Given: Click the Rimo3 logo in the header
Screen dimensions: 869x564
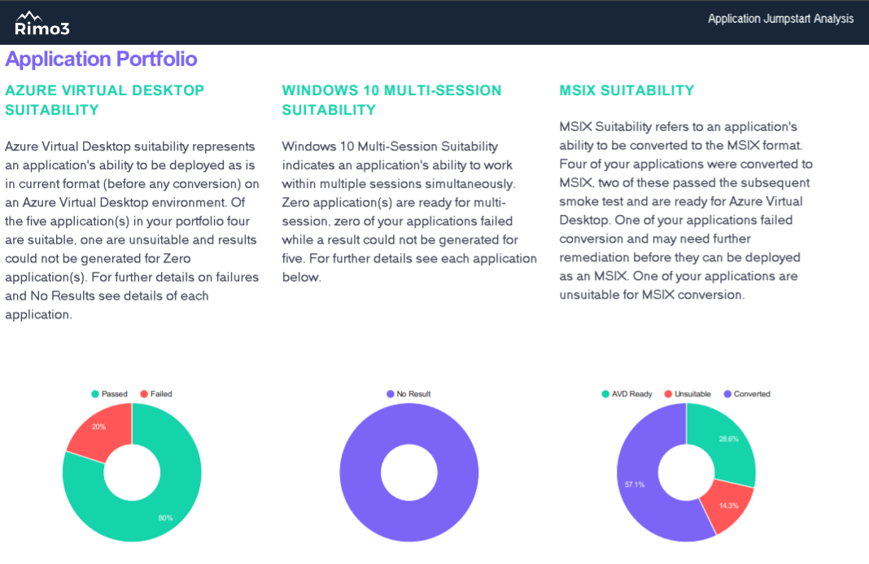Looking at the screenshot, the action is [x=42, y=24].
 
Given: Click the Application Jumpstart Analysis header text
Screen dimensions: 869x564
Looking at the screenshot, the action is [x=780, y=19].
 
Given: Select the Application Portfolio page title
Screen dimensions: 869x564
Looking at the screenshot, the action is [x=102, y=59].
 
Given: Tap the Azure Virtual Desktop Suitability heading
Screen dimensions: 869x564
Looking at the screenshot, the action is [x=105, y=100].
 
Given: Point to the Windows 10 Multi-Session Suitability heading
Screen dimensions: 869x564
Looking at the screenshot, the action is [x=391, y=100].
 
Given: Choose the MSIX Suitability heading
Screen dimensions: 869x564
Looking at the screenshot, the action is [x=627, y=90].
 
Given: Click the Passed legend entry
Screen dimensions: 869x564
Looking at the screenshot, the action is [x=109, y=394].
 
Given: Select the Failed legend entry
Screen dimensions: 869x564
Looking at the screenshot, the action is [x=156, y=394].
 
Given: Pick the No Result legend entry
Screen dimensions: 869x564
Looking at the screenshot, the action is [x=408, y=394].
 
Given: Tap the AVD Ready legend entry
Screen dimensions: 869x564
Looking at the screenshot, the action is [x=627, y=394].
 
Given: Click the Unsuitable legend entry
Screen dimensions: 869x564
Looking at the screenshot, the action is [x=688, y=394].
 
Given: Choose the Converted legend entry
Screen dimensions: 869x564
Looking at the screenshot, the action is [x=747, y=394].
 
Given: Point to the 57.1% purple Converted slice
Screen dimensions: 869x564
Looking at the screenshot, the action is [x=637, y=488].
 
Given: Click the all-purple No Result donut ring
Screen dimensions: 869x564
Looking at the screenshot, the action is [x=360, y=473].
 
